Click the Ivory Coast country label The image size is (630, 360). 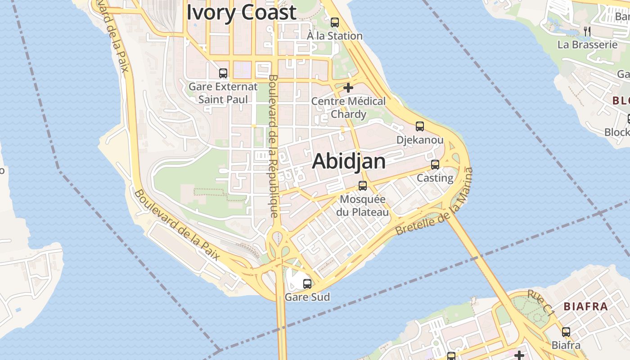[242, 12]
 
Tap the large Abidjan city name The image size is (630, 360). [349, 161]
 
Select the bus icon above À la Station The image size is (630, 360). [334, 22]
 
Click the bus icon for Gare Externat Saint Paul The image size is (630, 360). [223, 73]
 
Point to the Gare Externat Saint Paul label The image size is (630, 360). [223, 93]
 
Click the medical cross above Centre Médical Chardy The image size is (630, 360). [348, 87]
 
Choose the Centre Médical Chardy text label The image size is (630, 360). [349, 108]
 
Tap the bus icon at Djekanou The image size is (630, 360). [420, 126]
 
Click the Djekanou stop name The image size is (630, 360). [420, 140]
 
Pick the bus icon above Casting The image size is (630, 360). [435, 164]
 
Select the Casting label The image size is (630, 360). [435, 178]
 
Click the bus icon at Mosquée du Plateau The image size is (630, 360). [362, 185]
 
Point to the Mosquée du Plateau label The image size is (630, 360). [363, 205]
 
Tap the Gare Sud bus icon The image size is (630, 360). [307, 283]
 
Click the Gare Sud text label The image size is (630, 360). [307, 297]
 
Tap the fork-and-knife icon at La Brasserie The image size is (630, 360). [587, 31]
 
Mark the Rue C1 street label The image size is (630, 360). [540, 302]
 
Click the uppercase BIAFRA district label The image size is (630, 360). [586, 306]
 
